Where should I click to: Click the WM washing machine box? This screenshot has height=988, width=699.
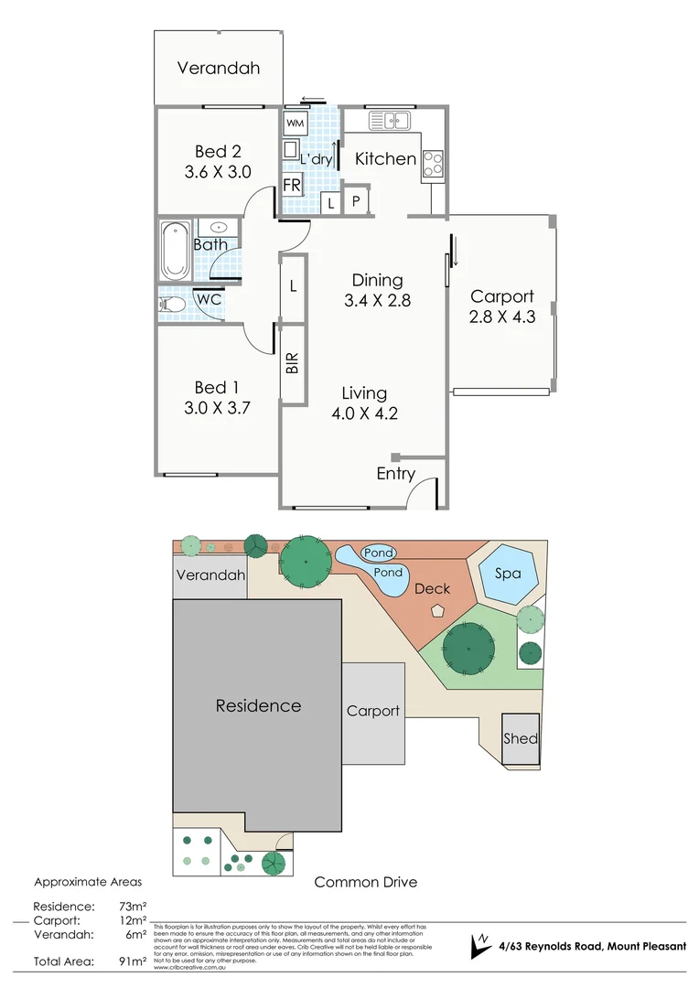(x=295, y=123)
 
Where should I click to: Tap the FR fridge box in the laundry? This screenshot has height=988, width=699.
(x=292, y=185)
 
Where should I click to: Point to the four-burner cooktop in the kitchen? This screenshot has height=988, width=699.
(x=433, y=162)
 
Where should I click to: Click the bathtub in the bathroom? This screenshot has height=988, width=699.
(x=174, y=250)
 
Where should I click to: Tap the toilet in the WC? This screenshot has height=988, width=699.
(x=171, y=302)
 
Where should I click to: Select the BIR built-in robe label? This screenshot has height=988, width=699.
(x=293, y=363)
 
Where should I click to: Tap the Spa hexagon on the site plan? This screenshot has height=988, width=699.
(x=508, y=574)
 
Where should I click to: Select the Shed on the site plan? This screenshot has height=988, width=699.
(x=521, y=738)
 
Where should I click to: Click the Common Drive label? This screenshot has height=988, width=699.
(x=365, y=882)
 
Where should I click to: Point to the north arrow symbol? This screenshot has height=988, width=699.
(x=479, y=946)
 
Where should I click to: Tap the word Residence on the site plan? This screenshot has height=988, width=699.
(x=258, y=705)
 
